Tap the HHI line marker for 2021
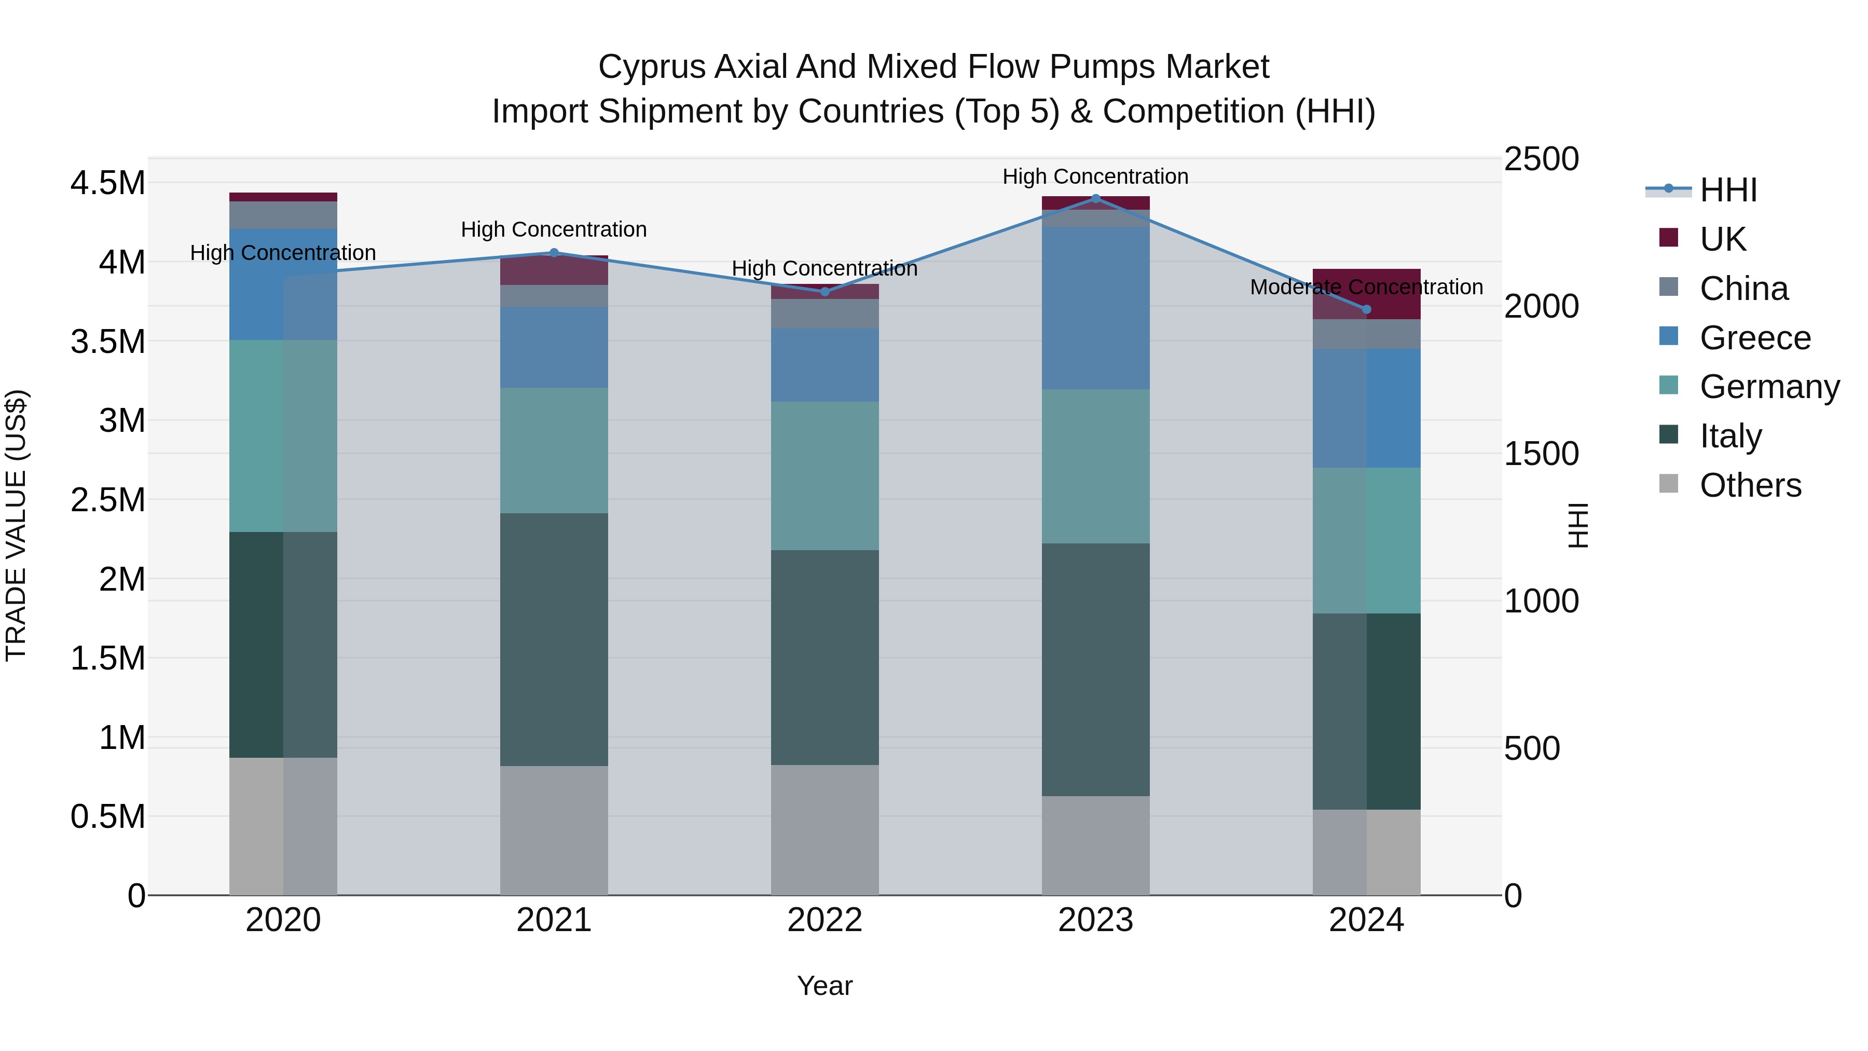tap(554, 252)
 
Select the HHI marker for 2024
tap(1366, 309)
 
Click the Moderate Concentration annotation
tap(1366, 287)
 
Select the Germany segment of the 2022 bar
tap(825, 476)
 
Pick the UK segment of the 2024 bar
tap(1366, 294)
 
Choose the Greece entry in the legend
tap(1755, 338)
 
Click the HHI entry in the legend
tap(1728, 190)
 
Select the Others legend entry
tap(1750, 485)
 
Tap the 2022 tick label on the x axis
tap(825, 920)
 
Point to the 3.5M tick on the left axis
tap(107, 342)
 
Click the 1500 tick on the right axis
tap(1541, 454)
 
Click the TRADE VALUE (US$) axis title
tap(16, 525)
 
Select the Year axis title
tap(825, 986)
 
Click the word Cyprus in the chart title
tap(652, 67)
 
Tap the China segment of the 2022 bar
tap(825, 313)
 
